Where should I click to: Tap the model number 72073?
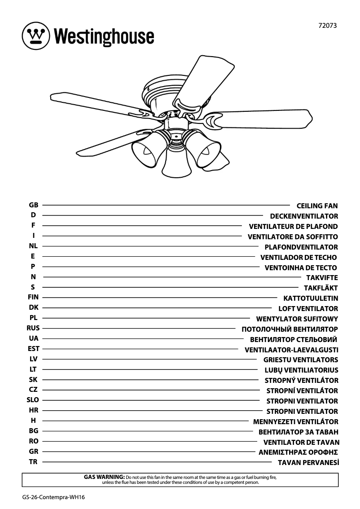tap(327, 26)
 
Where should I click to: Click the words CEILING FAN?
tap(317, 206)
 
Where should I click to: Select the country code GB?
tap(34, 205)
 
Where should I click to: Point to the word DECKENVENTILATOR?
tap(304, 216)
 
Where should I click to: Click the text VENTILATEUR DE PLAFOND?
tap(293, 227)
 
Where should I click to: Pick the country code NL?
tap(33, 246)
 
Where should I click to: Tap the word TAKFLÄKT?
tap(320, 288)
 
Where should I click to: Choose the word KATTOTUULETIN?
tap(311, 298)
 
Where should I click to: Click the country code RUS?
tap(33, 328)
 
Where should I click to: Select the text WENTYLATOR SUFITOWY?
tap(297, 319)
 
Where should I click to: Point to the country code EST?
tap(34, 349)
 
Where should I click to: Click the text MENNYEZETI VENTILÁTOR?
tap(295, 422)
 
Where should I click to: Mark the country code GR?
tap(34, 452)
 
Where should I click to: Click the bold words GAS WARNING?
tap(104, 477)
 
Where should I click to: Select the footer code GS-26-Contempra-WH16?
tap(53, 498)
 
